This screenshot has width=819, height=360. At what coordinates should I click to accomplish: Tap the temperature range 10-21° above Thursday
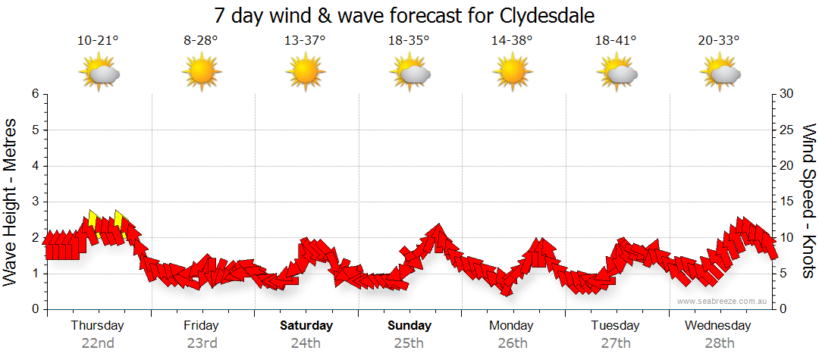[98, 41]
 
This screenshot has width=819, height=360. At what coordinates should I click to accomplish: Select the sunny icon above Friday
[201, 74]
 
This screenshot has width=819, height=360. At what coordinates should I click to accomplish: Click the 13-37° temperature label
[305, 41]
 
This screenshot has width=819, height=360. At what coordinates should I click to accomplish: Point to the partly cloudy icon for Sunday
[409, 74]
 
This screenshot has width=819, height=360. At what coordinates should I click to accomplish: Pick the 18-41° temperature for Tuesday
[616, 41]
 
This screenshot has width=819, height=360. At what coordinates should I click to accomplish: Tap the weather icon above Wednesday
[720, 74]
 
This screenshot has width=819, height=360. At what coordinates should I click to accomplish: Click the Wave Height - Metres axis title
[12, 202]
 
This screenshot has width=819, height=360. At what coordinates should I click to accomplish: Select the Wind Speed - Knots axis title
[808, 202]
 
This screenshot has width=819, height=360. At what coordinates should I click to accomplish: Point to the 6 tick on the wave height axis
[35, 94]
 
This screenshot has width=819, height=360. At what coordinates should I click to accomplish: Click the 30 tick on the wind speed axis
[787, 94]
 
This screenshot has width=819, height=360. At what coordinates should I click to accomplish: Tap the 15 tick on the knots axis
[787, 202]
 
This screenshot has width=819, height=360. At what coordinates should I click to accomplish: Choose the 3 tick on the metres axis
[35, 202]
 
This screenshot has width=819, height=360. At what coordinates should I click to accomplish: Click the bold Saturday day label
[306, 326]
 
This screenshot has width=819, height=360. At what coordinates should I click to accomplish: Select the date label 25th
[409, 343]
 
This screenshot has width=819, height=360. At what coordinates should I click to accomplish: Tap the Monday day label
[512, 326]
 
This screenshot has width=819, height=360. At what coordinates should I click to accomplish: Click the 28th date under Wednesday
[719, 343]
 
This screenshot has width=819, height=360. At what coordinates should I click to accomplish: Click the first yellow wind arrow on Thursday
[93, 220]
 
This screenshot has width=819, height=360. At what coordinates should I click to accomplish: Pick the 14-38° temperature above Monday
[512, 41]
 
